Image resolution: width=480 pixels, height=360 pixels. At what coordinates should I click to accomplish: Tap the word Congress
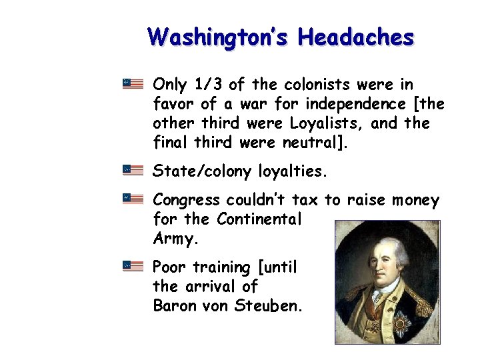pyautogui.click(x=186, y=201)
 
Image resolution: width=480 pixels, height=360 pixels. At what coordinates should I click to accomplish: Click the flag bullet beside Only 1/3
pyautogui.click(x=133, y=84)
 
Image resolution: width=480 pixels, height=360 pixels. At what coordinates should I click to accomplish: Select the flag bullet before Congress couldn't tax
pyautogui.click(x=133, y=199)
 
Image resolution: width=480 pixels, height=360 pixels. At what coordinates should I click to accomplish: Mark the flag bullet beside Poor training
pyautogui.click(x=133, y=266)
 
